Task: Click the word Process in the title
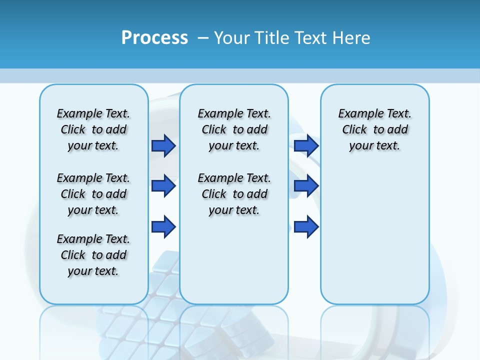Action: coord(154,37)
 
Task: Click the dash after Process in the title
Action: coord(203,38)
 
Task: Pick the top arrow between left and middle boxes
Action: coord(163,146)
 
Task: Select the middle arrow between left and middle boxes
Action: coord(163,186)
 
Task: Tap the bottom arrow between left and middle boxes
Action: coord(163,227)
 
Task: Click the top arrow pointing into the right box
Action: coord(306,146)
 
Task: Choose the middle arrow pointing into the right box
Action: coord(306,186)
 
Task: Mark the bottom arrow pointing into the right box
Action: coord(306,227)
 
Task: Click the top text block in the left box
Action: coord(93,129)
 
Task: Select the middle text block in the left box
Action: coord(93,194)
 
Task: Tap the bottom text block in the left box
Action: coord(93,255)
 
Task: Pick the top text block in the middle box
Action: coord(234,129)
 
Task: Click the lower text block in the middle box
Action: coord(234,194)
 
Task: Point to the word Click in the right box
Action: coord(354,130)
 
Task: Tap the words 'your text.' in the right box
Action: coord(374,146)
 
